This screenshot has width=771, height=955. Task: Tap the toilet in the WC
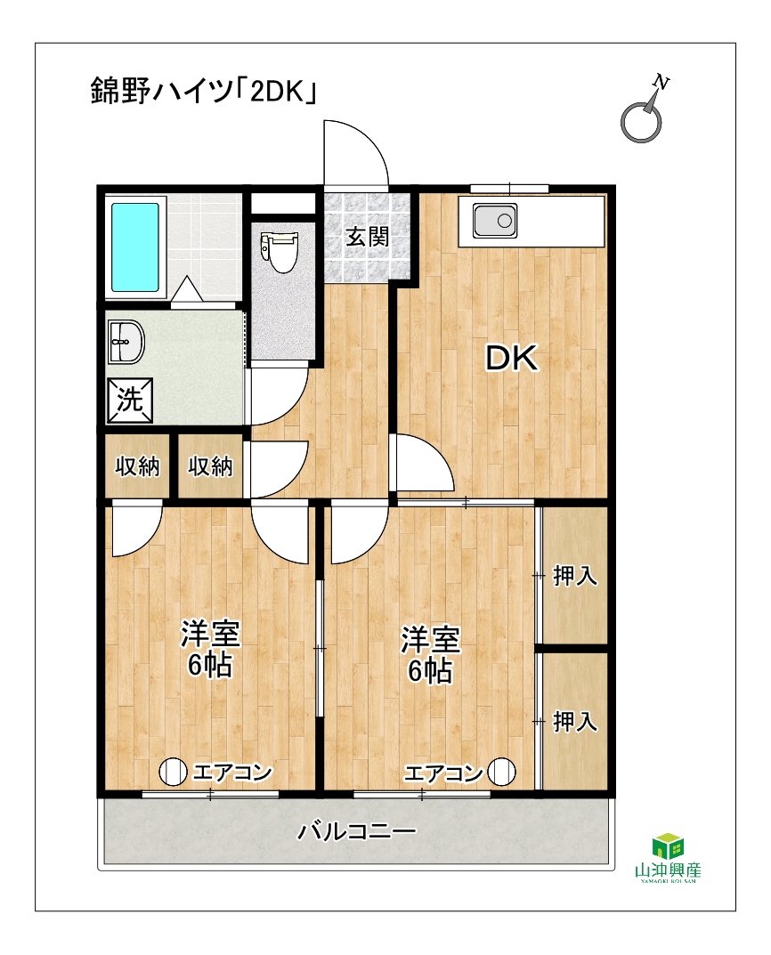(280, 252)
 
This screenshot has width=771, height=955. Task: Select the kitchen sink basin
(495, 221)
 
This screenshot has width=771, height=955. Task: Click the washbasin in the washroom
(126, 341)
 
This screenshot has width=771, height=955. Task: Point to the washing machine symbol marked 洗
(130, 401)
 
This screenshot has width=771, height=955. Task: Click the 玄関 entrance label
(367, 237)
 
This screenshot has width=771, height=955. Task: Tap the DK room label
(512, 358)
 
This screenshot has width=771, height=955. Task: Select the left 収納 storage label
(137, 466)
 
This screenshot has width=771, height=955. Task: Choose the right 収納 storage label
(210, 466)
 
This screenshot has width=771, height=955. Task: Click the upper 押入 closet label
(575, 576)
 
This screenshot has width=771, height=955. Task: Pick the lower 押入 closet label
(575, 722)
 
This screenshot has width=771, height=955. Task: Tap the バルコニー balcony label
(357, 830)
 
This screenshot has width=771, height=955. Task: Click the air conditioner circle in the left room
(173, 773)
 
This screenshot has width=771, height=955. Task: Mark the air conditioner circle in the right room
(501, 773)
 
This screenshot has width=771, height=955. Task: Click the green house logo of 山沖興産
(668, 846)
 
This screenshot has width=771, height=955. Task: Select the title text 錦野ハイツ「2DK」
(204, 91)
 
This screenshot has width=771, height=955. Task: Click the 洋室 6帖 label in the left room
(210, 650)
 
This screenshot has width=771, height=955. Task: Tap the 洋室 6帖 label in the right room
(430, 655)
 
